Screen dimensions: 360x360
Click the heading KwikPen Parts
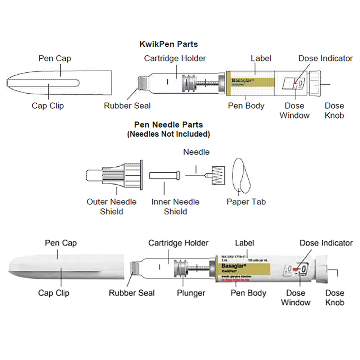[x=168, y=45]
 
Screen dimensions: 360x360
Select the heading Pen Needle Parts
[x=168, y=125]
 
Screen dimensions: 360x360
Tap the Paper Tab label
[x=246, y=202]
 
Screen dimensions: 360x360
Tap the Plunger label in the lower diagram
[x=191, y=293]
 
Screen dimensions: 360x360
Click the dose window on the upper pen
[x=294, y=84]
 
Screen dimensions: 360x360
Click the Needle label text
[x=196, y=152]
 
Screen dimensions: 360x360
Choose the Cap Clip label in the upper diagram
[x=48, y=105]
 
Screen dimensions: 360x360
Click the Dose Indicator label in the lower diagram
[x=326, y=243]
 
